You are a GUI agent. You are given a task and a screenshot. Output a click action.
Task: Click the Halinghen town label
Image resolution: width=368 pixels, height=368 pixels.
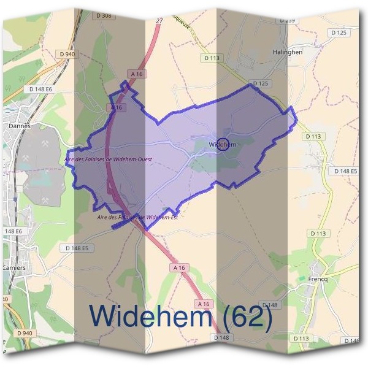coord(288,53)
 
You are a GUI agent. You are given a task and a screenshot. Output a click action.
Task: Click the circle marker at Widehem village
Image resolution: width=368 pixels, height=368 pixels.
coord(223,145)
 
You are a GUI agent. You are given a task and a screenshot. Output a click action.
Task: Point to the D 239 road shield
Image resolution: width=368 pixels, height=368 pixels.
coord(287,20)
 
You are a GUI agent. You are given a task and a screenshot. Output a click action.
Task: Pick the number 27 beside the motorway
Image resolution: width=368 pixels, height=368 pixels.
coord(159,21)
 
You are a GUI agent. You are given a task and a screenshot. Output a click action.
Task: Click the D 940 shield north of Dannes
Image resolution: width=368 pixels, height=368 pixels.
coord(68,54)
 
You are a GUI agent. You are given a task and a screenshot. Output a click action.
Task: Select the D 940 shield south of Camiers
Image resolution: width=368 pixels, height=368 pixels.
coord(24,333)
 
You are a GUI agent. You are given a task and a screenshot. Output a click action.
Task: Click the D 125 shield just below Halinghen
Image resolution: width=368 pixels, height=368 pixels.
coord(261,83)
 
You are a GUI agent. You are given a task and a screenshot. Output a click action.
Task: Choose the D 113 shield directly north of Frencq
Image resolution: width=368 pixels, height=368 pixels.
coord(318,234)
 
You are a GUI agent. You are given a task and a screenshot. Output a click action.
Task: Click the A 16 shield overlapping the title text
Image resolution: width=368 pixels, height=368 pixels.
coord(204,304)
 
